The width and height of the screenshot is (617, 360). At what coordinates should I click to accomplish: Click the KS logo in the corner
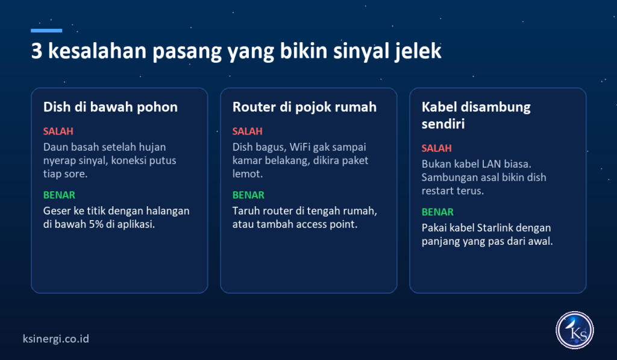tap(574, 330)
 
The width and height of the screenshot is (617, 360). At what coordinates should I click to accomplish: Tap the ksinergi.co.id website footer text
tap(56, 339)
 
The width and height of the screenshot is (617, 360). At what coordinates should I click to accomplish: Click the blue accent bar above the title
tap(46, 30)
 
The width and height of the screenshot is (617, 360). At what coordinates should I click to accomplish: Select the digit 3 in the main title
tap(37, 51)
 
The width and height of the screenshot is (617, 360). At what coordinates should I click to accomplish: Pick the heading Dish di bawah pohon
tap(110, 107)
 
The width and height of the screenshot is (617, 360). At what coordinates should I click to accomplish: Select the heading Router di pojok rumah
tap(304, 107)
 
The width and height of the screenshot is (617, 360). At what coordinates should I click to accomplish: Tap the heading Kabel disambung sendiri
tap(476, 115)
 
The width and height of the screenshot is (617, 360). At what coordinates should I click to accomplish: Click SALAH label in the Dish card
tap(58, 131)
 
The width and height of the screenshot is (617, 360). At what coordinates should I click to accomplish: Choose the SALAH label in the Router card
tap(248, 131)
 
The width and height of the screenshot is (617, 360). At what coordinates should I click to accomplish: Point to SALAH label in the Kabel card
tap(437, 148)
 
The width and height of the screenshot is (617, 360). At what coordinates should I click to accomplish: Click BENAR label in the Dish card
tap(59, 195)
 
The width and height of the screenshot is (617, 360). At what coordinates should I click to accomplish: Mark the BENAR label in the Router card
tap(248, 195)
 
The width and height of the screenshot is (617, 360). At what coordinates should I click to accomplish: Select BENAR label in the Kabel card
tap(437, 212)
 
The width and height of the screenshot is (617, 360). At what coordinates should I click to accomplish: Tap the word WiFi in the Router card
tap(300, 147)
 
